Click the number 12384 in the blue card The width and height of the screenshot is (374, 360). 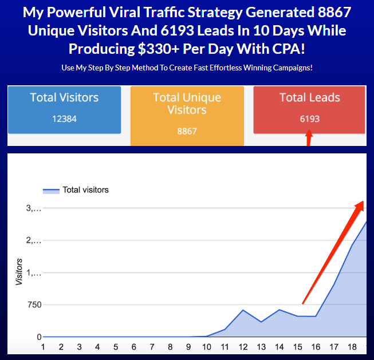(x=63, y=119)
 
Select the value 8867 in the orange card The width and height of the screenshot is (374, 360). (x=187, y=131)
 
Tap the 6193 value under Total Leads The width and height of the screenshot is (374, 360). (x=309, y=119)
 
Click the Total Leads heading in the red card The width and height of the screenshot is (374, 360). (x=309, y=98)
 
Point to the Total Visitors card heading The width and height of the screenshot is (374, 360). (x=64, y=98)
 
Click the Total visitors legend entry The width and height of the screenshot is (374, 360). (x=85, y=190)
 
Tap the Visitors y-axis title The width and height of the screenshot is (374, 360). (x=19, y=272)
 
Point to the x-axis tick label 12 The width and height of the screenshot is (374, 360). (x=243, y=347)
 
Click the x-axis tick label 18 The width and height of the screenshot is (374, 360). (x=352, y=347)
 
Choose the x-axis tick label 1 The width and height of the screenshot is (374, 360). (x=42, y=347)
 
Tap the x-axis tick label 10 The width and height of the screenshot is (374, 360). (x=206, y=347)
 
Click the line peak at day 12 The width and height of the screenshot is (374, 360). (x=243, y=310)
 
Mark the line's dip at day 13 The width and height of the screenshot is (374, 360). (x=261, y=322)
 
